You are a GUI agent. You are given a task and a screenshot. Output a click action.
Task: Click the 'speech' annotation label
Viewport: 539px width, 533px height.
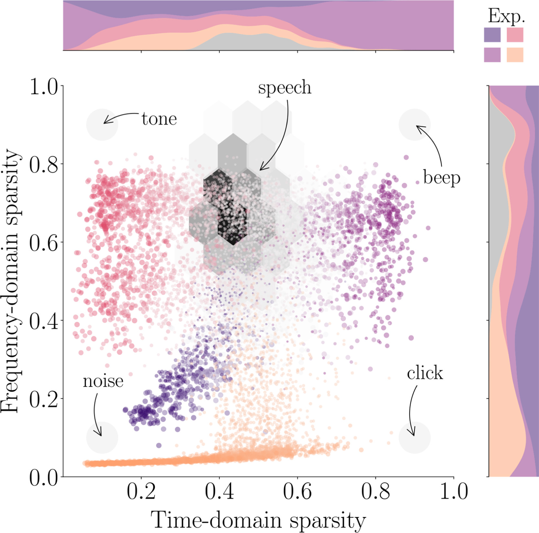tap(285, 88)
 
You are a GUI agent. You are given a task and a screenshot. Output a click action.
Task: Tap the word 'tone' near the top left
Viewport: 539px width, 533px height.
tap(159, 119)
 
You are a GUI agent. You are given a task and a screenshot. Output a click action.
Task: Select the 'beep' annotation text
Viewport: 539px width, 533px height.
tap(442, 178)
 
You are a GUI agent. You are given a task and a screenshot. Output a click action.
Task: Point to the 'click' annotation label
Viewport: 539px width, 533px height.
tap(425, 373)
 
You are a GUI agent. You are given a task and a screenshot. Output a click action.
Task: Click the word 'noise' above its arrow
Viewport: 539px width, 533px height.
tap(103, 381)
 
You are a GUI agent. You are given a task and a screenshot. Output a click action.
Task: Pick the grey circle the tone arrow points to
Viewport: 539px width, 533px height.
tap(102, 125)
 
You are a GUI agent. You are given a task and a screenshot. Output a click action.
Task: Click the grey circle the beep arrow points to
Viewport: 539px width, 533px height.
tap(415, 125)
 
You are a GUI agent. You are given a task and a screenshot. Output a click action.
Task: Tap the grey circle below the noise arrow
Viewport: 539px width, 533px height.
tap(102, 437)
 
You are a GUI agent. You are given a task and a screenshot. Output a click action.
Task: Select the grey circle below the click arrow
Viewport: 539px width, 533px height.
tap(415, 437)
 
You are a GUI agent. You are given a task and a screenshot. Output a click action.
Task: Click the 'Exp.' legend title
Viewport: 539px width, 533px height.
tap(506, 16)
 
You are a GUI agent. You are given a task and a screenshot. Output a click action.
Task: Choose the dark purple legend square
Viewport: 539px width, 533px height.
tap(492, 35)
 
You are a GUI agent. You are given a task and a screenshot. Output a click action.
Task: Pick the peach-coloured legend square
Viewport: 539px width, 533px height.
tap(515, 55)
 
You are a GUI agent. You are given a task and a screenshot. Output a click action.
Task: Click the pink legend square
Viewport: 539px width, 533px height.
tap(515, 35)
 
